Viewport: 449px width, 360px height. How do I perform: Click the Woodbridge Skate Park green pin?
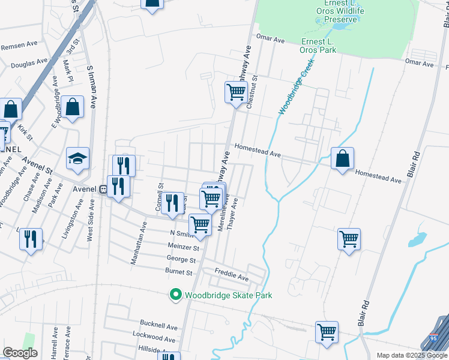point(176,295)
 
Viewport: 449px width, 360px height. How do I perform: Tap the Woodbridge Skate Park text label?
point(228,295)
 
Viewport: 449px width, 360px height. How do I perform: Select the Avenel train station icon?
point(103,189)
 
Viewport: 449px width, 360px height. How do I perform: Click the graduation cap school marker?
point(77,159)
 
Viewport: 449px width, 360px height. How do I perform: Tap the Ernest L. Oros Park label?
point(327,45)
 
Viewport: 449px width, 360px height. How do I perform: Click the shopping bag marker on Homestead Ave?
point(342,159)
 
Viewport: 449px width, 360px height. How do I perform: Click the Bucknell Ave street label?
point(159,327)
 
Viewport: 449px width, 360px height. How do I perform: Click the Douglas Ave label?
point(29,62)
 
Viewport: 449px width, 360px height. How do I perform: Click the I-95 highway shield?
point(433,339)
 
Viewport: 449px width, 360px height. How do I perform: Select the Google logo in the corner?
point(20,353)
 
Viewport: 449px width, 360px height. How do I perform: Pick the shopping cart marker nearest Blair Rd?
point(349,239)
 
